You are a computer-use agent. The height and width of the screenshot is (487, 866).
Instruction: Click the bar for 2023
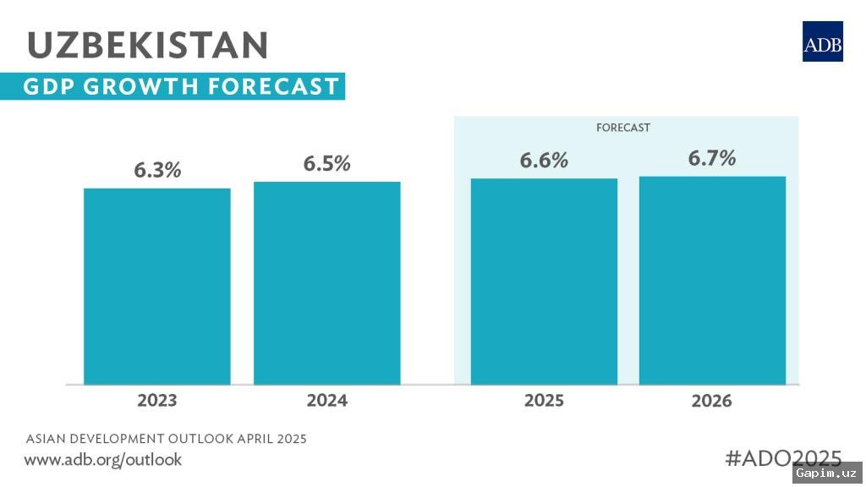(157, 286)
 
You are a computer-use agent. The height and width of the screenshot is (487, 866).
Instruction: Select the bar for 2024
(327, 282)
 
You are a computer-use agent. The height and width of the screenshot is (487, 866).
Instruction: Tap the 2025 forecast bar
(544, 281)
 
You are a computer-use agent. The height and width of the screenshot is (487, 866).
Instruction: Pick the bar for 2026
(712, 280)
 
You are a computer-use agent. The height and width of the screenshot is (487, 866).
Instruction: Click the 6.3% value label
(157, 170)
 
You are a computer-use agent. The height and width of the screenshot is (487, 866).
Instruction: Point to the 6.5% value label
(327, 163)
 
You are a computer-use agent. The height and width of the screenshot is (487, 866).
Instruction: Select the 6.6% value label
(544, 161)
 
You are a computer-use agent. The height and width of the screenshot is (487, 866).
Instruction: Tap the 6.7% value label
(712, 158)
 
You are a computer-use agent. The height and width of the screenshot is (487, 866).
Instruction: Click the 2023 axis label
(157, 400)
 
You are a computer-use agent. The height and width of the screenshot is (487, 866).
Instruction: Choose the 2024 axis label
(327, 400)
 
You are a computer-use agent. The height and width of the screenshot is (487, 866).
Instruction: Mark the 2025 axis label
(544, 400)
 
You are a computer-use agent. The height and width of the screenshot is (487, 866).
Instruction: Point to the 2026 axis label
(712, 401)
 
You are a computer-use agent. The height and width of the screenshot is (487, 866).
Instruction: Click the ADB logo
(822, 41)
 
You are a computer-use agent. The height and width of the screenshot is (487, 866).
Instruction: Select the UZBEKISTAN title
(148, 44)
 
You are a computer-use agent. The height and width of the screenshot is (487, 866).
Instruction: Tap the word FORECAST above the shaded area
(623, 128)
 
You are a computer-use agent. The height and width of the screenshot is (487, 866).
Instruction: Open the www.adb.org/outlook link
(102, 460)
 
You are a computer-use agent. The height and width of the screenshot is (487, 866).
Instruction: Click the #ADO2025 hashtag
(784, 457)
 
